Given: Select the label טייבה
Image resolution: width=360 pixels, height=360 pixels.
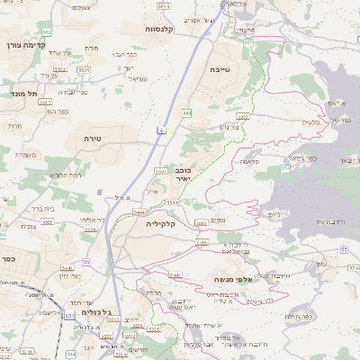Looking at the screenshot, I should click(x=244, y=67).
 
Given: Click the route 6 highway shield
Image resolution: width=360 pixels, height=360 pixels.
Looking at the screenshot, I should click(x=161, y=131).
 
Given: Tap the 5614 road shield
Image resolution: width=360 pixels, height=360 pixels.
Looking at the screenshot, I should click(x=163, y=6).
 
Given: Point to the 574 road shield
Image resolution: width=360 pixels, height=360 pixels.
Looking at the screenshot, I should click(x=285, y=168).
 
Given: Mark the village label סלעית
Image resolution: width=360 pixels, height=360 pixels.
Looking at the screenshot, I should click(x=312, y=122).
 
